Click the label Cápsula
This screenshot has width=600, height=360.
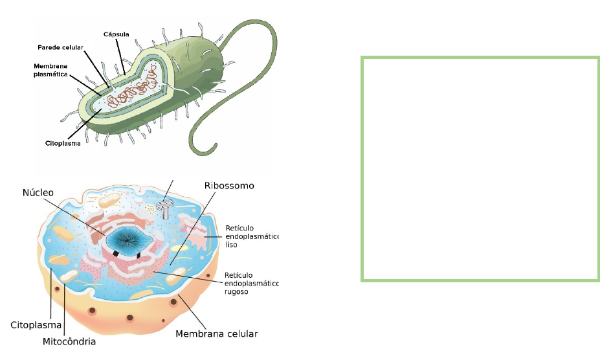[x=117, y=33]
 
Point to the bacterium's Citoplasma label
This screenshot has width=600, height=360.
[x=63, y=142]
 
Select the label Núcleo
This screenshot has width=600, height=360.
[x=38, y=192]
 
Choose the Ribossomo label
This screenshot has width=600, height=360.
[x=229, y=186]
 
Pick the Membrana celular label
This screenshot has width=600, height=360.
[x=217, y=334]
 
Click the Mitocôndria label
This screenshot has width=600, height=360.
[x=69, y=341]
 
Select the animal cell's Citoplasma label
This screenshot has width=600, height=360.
[x=36, y=324]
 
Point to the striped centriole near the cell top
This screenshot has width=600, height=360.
[x=164, y=207]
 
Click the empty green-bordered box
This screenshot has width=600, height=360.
[x=480, y=169]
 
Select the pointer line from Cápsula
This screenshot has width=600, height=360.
[x=120, y=55]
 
